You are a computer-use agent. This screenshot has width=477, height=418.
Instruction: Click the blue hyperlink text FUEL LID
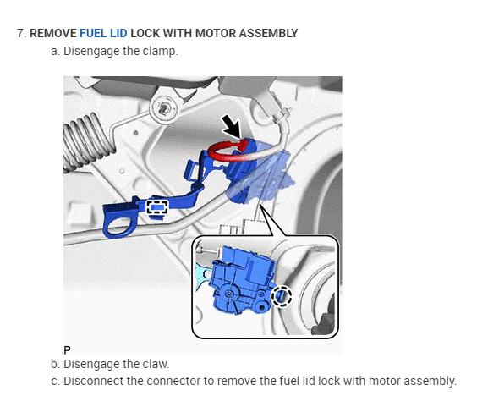(x=103, y=33)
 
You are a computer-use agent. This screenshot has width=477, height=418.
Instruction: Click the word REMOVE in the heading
(x=53, y=33)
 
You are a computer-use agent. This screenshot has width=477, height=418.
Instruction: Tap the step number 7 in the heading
(x=21, y=33)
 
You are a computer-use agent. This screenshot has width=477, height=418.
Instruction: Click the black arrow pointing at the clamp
(x=232, y=127)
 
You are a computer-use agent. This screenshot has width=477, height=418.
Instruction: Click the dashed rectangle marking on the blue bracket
(x=157, y=207)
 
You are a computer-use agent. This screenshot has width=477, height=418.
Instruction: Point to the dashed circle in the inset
(x=282, y=296)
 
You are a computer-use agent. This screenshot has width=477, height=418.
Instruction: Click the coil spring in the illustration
(x=87, y=141)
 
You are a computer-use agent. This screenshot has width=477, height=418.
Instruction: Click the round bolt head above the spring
(x=164, y=107)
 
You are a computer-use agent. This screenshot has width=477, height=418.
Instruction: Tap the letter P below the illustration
(x=67, y=350)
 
